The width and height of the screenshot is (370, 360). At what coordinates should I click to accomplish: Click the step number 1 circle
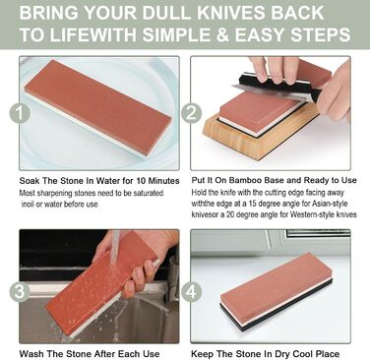pyautogui.click(x=20, y=113)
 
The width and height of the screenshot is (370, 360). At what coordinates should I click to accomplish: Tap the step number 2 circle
pyautogui.click(x=191, y=113)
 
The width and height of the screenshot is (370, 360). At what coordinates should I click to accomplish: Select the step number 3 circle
pyautogui.click(x=20, y=291)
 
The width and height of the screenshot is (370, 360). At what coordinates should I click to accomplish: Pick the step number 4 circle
pyautogui.click(x=191, y=291)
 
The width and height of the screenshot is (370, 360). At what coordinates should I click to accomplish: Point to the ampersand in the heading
pyautogui.click(x=222, y=35)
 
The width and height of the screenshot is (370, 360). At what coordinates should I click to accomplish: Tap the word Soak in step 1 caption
pyautogui.click(x=29, y=181)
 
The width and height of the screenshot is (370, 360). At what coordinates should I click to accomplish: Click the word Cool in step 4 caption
pyautogui.click(x=303, y=354)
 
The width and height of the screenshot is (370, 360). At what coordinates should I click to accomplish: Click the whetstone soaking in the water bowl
pyautogui.click(x=98, y=108)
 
